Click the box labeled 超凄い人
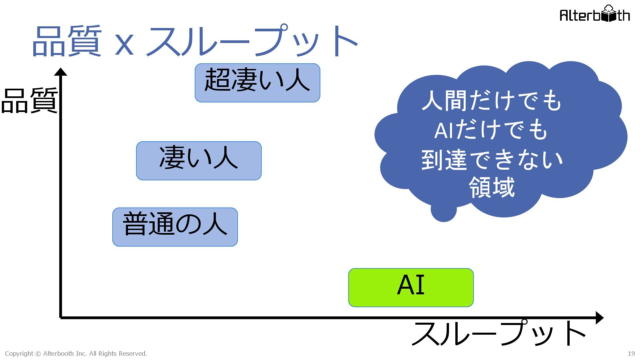click(x=257, y=83)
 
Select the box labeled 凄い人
click(x=199, y=161)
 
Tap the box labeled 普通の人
click(x=175, y=227)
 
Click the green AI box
click(x=411, y=287)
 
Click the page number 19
click(x=631, y=354)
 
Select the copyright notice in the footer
click(x=76, y=354)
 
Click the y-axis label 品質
click(x=29, y=101)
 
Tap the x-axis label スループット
click(x=498, y=334)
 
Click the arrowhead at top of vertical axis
click(x=61, y=72)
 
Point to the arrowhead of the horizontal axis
click(x=599, y=318)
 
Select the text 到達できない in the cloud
click(x=492, y=160)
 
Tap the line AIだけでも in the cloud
click(x=491, y=130)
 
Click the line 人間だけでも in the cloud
click(x=492, y=100)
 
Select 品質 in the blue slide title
click(x=67, y=41)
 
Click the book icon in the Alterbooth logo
click(x=609, y=14)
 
